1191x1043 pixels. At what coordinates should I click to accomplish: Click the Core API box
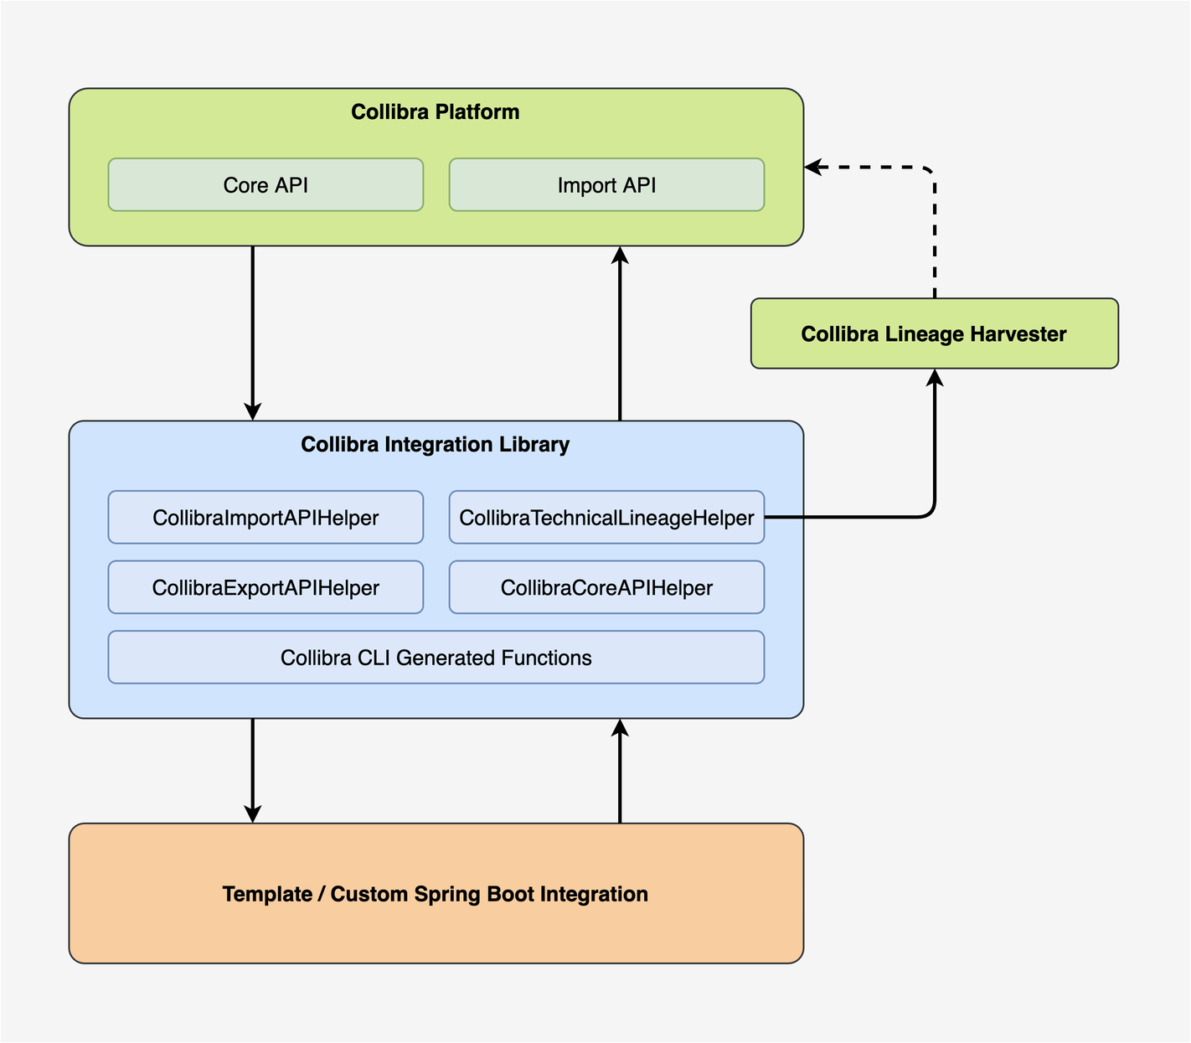click(x=266, y=185)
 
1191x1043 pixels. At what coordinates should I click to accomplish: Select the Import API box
click(x=606, y=185)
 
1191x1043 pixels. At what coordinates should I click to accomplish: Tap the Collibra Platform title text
click(x=435, y=112)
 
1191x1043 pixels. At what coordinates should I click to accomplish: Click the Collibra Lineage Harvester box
click(x=934, y=334)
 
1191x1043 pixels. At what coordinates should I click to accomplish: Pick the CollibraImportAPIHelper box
click(x=266, y=518)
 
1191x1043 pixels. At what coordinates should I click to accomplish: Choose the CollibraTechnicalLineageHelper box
click(x=606, y=518)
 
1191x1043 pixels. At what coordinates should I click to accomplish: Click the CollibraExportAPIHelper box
click(x=266, y=588)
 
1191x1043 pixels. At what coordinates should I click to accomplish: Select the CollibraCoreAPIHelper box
click(x=606, y=588)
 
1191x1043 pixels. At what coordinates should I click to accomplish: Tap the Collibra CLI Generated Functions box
click(x=436, y=658)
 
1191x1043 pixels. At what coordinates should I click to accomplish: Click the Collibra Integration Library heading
click(x=435, y=445)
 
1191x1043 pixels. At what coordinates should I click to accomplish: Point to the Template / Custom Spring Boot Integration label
click(x=435, y=894)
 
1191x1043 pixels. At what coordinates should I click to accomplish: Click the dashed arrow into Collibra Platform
click(x=934, y=226)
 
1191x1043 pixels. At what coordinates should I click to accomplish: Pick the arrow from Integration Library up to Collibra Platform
click(x=620, y=335)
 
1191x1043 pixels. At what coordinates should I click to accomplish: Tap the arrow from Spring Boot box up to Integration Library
click(x=620, y=771)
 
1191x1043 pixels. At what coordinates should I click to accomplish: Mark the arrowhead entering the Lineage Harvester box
click(x=935, y=377)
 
